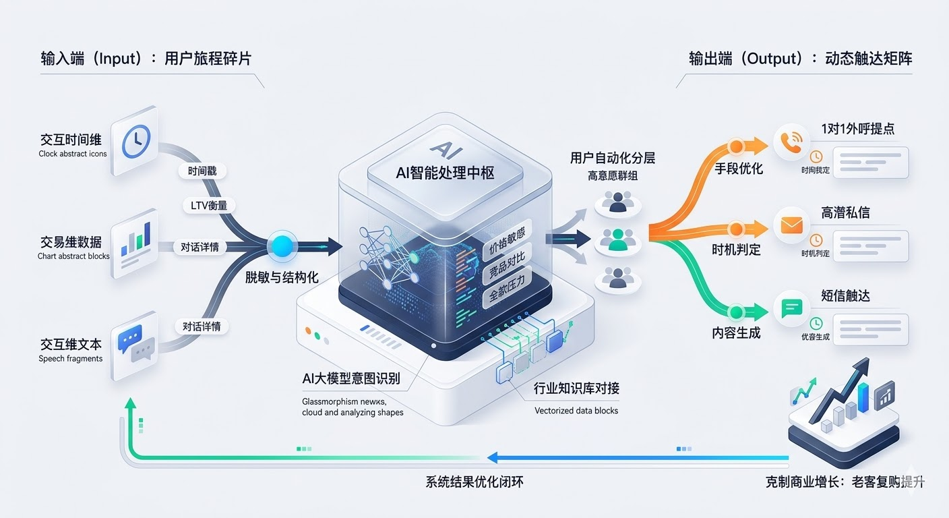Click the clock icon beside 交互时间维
coord(135,140)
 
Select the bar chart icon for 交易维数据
coord(135,244)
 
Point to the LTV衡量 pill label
coord(209,206)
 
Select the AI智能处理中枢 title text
coord(445,173)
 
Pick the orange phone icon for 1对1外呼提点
coord(791,140)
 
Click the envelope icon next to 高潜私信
coord(791,225)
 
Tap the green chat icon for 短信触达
coord(791,309)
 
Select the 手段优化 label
coord(738,169)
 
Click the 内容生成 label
coord(736,333)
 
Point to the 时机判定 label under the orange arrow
coord(736,250)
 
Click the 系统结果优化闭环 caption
coord(474,482)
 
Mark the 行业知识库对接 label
coord(576,388)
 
